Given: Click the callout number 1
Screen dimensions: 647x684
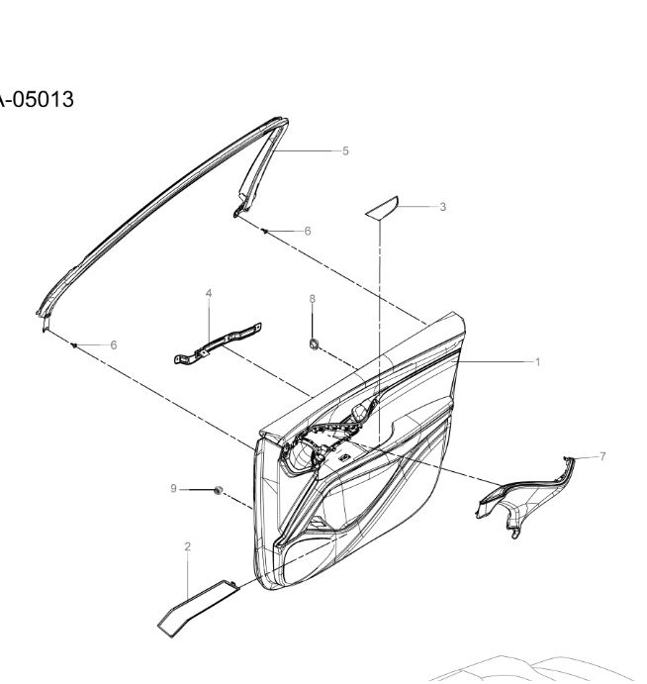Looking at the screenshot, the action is pos(537,361).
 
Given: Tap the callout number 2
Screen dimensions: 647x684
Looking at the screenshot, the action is pos(188,546).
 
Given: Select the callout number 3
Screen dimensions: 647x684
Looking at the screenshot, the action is pos(443,207).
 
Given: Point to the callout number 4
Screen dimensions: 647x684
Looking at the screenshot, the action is pos(209,293).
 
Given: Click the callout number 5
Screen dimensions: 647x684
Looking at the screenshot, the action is pos(345,150).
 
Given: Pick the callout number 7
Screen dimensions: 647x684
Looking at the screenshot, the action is pos(602,456).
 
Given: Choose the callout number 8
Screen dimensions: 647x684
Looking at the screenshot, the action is pos(313,299).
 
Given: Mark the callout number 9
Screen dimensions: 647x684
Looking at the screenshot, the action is pos(173,489).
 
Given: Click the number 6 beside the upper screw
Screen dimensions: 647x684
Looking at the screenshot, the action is pos(308,231).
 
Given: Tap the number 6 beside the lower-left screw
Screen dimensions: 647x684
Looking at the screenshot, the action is pos(114,345).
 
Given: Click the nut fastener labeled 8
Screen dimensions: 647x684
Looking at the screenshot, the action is pos(314,344).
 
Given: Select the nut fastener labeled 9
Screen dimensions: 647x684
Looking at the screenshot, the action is pos(219,490).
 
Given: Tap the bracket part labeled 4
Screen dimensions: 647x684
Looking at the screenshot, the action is pos(218,343).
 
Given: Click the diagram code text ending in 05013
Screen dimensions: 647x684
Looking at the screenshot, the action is pos(37,99).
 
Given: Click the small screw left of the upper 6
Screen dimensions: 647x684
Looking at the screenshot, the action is pos(265,231).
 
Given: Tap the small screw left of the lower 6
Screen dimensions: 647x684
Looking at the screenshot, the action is pos(73,345).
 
